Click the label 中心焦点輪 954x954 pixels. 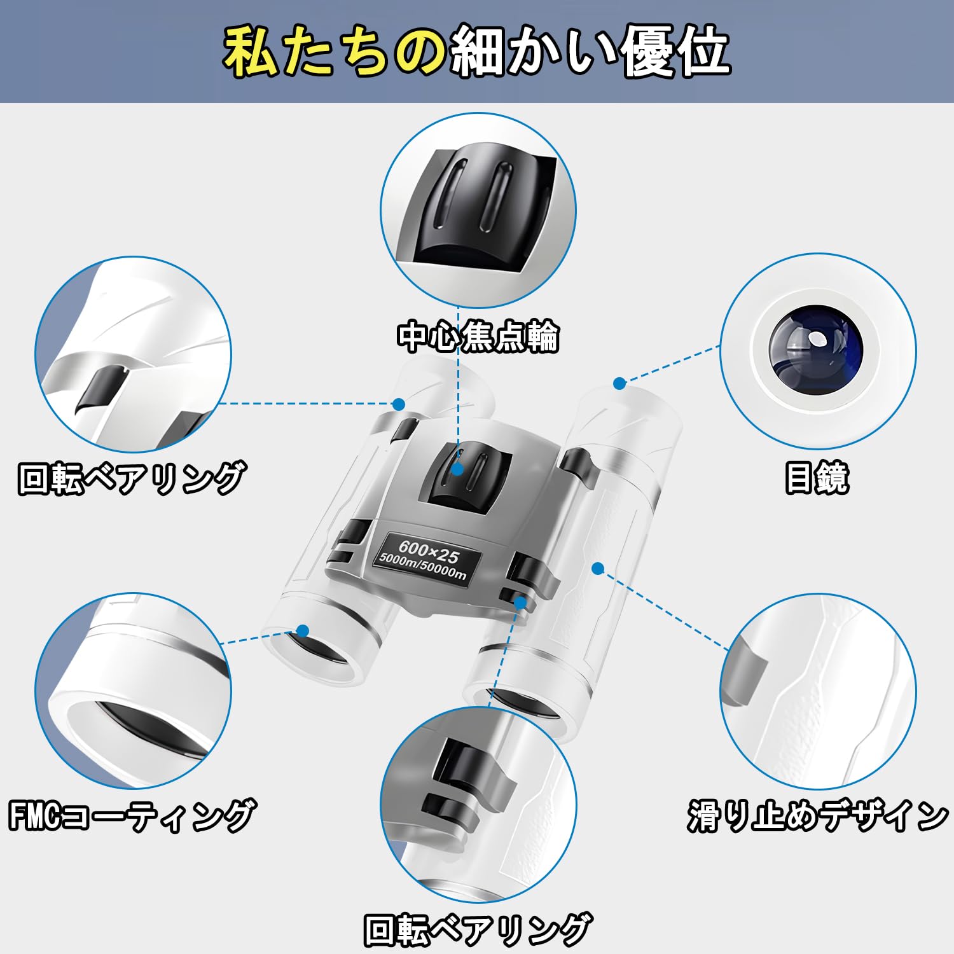(478, 337)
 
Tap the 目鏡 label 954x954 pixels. (817, 478)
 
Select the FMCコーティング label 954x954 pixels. (132, 816)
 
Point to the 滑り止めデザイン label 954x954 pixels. (817, 816)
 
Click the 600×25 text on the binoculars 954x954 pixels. (429, 551)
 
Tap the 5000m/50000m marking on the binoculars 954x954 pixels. (422, 567)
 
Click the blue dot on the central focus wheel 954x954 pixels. (457, 469)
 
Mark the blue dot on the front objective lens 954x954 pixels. (303, 631)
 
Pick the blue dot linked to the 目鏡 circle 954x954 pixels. (619, 383)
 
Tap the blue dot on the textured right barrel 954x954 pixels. (597, 568)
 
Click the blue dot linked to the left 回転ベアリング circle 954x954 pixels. (399, 404)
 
